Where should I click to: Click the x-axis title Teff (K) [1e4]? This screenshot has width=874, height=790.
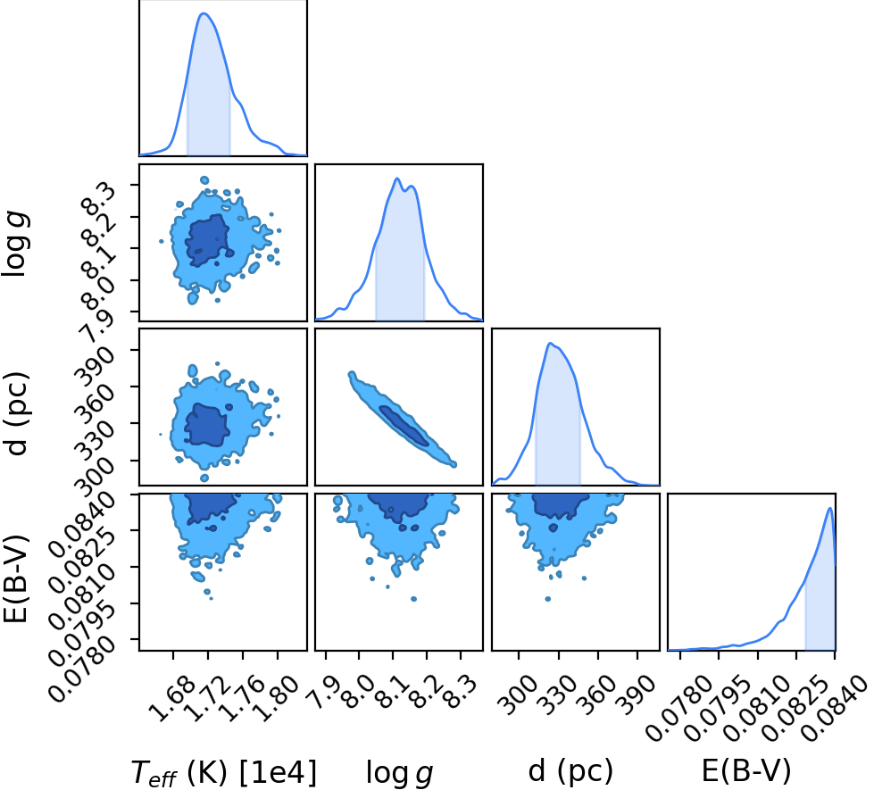coord(223,773)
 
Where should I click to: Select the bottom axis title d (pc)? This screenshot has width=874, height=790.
coord(570,771)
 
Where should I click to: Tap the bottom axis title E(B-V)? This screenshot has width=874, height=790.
coord(746,771)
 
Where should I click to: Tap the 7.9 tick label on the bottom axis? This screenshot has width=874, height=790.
coord(323,691)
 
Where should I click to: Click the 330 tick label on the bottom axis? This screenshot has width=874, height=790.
coord(556,694)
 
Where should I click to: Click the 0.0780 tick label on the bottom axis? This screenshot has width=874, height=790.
coord(678,708)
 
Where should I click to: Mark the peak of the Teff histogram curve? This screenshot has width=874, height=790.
coord(204,13)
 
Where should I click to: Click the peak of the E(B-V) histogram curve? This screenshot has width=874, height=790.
coord(830,508)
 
